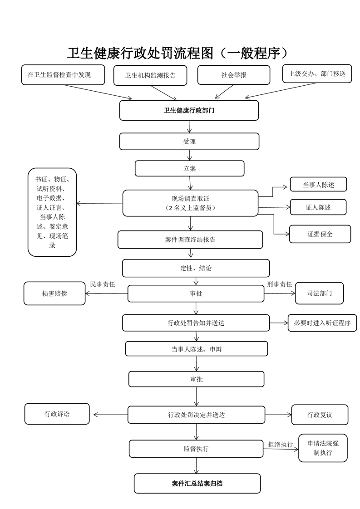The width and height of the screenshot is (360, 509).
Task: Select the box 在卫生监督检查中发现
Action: pos(63,75)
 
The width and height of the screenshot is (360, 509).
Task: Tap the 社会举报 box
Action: pos(234,75)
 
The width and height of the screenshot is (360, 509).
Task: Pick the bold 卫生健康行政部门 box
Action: pos(189,110)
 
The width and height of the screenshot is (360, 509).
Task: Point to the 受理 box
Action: pos(189,142)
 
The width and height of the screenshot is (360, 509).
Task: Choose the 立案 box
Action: pos(189,168)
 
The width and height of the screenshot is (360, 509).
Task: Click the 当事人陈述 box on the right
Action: pos(318,185)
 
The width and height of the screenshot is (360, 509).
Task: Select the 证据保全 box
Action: pos(320,234)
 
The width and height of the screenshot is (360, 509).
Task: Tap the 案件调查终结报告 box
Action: pos(190,240)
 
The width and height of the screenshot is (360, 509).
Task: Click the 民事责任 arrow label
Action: pos(103,284)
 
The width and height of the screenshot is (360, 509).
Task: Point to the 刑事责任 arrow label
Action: pos(279,284)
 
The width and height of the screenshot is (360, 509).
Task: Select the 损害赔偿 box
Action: pos(54,294)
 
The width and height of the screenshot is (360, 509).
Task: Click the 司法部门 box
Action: pos(319,294)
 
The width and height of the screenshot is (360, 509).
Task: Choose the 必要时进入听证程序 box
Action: pos(322,323)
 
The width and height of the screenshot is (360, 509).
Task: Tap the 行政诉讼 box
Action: pos(57,414)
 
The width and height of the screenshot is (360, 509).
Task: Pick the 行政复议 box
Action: pos(320,415)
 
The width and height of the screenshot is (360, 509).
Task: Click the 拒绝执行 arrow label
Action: pos(280,445)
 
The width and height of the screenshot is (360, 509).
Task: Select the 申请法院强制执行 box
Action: pos(322,448)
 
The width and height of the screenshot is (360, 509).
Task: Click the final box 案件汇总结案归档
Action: pos(197,484)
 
